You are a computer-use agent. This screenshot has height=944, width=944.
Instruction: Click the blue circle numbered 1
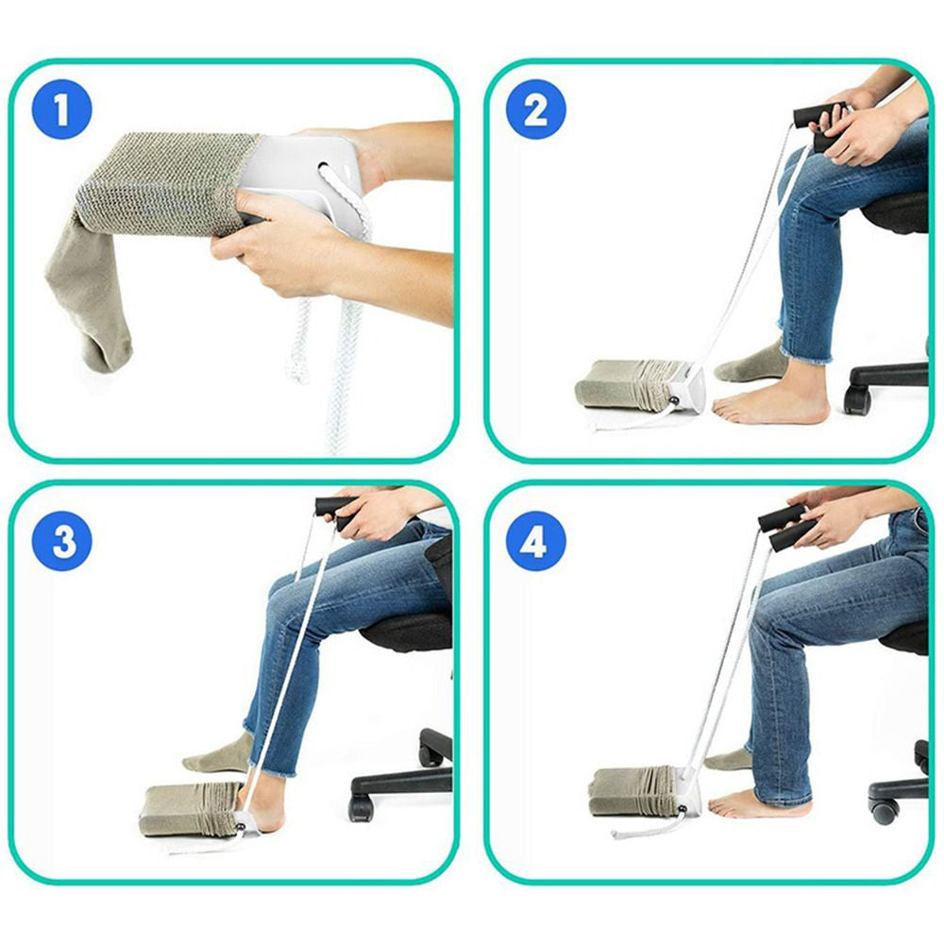click(x=61, y=110)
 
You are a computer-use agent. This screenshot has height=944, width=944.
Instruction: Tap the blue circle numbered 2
click(x=535, y=110)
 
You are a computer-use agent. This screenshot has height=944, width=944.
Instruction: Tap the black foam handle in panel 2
click(x=817, y=115)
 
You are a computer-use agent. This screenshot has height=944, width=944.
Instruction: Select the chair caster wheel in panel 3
click(x=360, y=808)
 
